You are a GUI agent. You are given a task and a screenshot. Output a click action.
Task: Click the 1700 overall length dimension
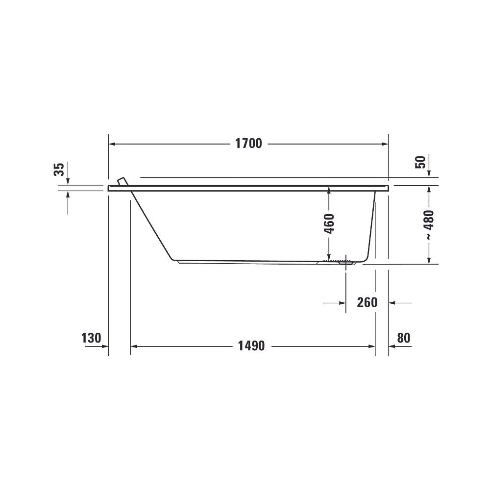248,144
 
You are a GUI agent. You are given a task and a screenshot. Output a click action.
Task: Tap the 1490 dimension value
251,346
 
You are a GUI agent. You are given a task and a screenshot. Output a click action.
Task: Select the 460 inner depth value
329,224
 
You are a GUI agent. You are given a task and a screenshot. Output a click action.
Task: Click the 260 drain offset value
367,302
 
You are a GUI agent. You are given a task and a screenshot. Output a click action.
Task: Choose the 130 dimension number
91,338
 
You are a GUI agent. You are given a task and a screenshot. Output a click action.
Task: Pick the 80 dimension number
403,338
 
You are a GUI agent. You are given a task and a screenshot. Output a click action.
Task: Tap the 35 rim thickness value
59,170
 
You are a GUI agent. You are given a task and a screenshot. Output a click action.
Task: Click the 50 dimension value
420,162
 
